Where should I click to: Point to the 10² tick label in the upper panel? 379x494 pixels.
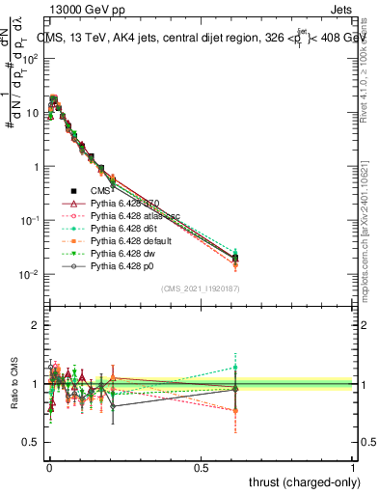coord(28,59)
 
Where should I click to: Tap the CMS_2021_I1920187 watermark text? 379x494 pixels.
coord(200,288)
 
